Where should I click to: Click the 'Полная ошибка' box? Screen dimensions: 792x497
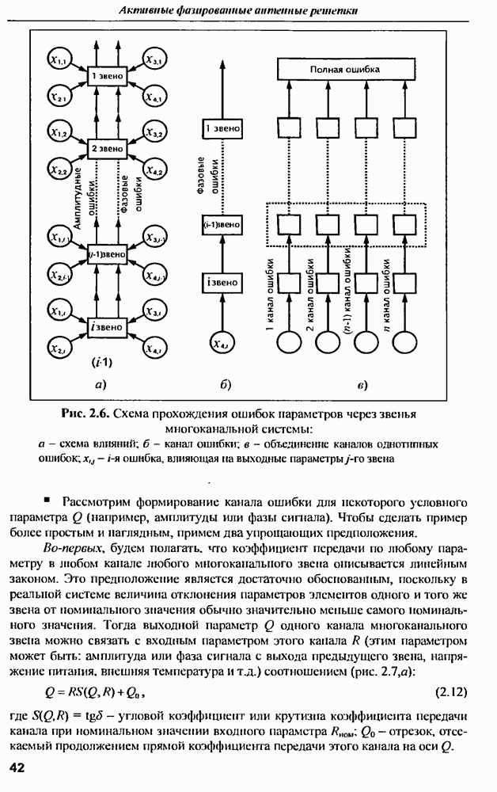(x=343, y=70)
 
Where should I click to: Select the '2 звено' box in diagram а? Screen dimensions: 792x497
(x=105, y=148)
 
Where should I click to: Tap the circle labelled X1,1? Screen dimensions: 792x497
(x=58, y=59)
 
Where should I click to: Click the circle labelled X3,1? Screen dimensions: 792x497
(x=154, y=59)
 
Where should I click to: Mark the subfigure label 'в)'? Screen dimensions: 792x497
(x=362, y=386)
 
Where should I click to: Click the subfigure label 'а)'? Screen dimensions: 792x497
(x=101, y=386)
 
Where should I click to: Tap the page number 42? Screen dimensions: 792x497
(x=17, y=767)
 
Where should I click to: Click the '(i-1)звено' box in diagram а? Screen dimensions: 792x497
(x=105, y=253)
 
